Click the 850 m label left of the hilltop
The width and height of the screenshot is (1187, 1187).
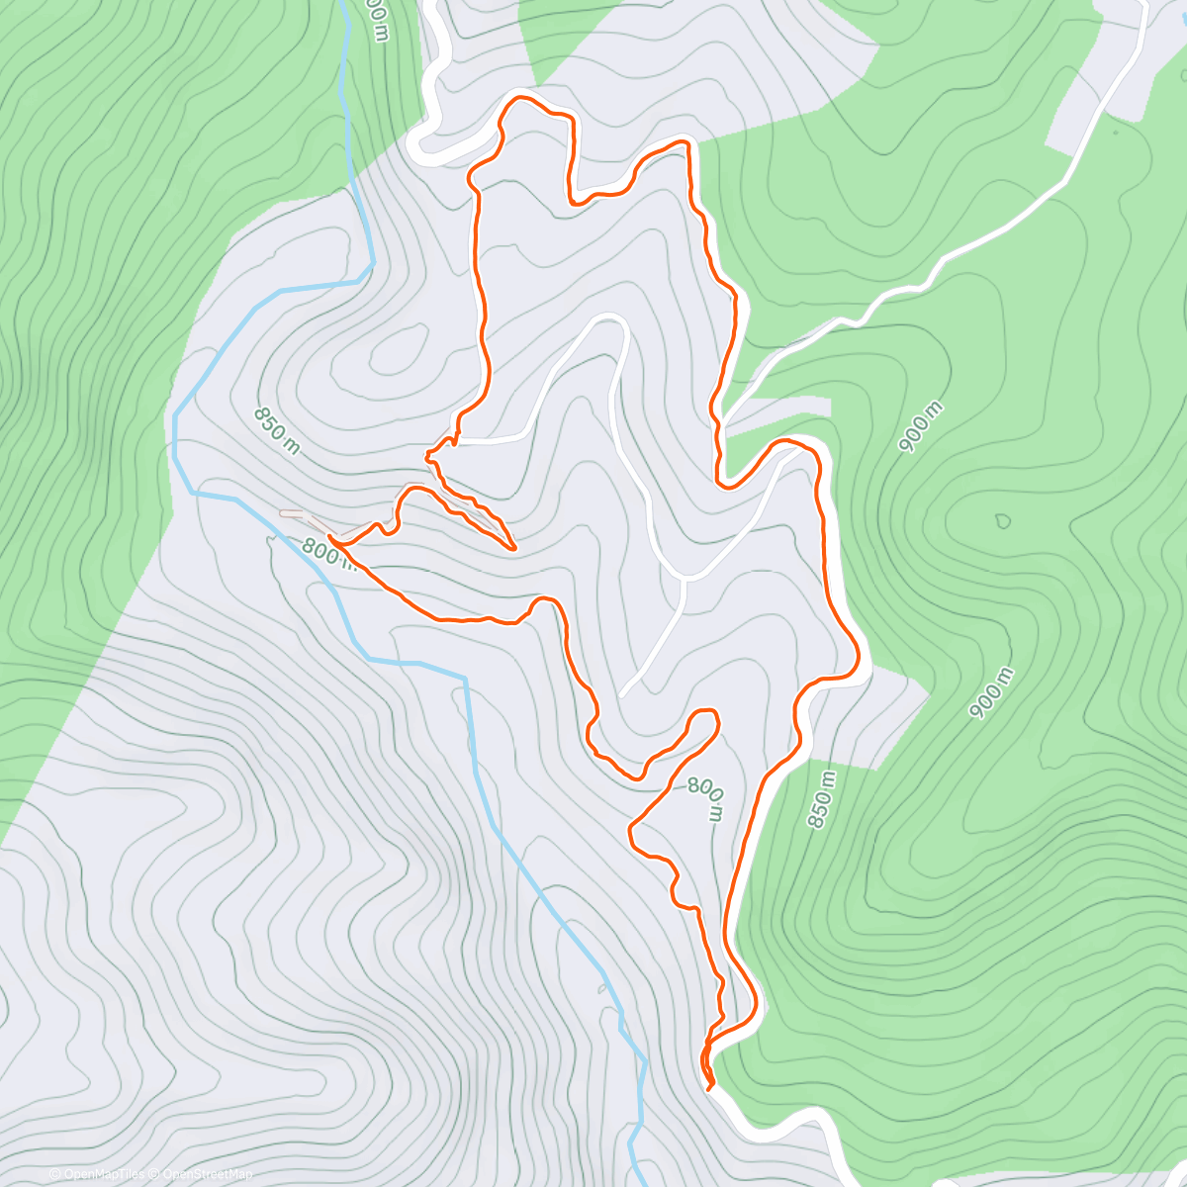[276, 430]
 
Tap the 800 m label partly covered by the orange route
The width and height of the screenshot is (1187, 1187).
[327, 553]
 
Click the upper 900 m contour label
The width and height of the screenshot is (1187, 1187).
[921, 428]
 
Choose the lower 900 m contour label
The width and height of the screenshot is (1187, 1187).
[991, 692]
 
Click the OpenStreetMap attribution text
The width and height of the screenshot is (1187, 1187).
[208, 1174]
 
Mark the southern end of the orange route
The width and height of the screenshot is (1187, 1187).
[710, 1088]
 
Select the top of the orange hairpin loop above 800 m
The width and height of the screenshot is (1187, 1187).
[705, 712]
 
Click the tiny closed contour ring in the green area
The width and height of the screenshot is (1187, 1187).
[1003, 520]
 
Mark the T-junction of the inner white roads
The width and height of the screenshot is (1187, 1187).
[683, 578]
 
